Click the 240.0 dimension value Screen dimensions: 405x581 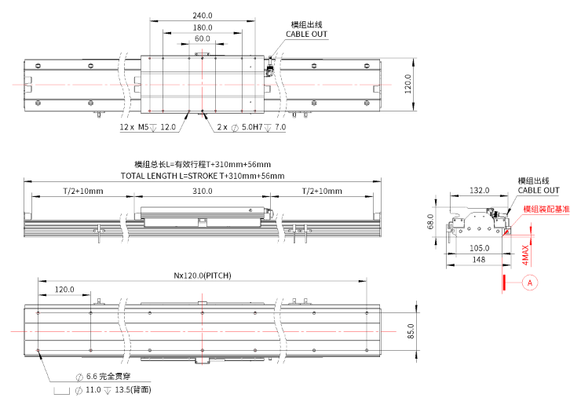pyautogui.click(x=203, y=16)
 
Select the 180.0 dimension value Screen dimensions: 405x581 pyautogui.click(x=203, y=27)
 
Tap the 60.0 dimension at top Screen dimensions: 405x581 pyautogui.click(x=203, y=38)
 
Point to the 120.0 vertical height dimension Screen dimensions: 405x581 pyautogui.click(x=407, y=83)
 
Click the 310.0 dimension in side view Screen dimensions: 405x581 pyautogui.click(x=203, y=192)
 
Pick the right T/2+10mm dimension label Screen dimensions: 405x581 pyautogui.click(x=322, y=192)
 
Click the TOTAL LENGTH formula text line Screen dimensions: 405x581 pyautogui.click(x=203, y=176)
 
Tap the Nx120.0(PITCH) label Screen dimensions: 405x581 pyautogui.click(x=202, y=276)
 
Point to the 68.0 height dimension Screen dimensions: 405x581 pyautogui.click(x=430, y=222)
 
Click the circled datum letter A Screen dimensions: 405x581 pyautogui.click(x=530, y=281)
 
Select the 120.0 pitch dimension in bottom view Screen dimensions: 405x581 pyautogui.click(x=64, y=290)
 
